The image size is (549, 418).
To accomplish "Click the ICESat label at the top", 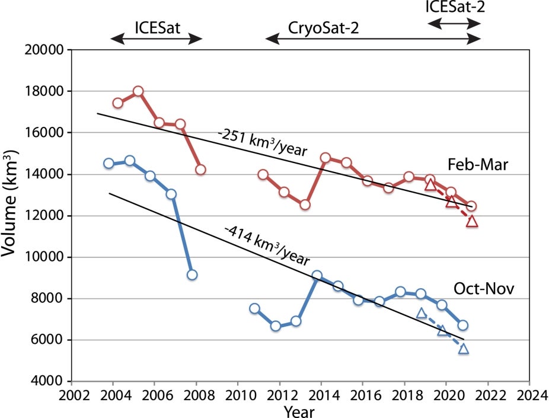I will [157, 28].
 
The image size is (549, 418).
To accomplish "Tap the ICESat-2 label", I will [453, 7].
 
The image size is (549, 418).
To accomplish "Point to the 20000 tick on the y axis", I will [47, 50].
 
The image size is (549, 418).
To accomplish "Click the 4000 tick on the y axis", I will [50, 381].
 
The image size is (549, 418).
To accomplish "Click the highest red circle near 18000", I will [138, 91].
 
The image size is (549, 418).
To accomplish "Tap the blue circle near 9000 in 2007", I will [191, 275].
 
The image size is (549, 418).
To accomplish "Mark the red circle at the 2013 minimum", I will [305, 205].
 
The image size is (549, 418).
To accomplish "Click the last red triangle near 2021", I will [472, 222].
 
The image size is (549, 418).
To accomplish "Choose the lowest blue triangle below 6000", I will [463, 349].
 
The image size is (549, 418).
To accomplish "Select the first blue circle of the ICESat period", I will [108, 163].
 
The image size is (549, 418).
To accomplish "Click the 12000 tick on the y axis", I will [47, 216].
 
